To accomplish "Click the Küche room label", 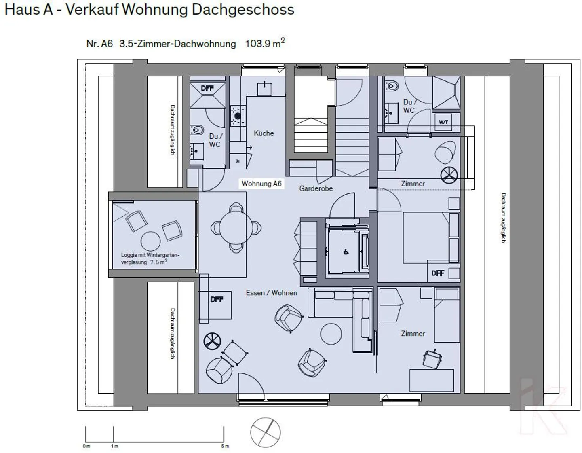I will pos(264,133).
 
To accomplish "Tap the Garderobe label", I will pos(316,188).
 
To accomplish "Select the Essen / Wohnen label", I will pos(271,293).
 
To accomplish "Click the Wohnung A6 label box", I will pos(261,184).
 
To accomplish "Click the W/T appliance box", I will pos(443,122).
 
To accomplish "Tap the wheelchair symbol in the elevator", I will pos(346,252).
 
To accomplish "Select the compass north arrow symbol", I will pos(265,432).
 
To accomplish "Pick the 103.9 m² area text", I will pos(265,43).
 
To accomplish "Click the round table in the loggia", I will pos(150,241).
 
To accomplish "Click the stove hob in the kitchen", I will pos(238,116).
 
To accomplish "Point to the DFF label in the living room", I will pos(217,300).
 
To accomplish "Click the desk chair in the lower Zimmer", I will pos(432,359).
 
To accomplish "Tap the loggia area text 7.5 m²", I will pos(159,262).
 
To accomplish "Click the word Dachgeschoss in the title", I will pos(243,9).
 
